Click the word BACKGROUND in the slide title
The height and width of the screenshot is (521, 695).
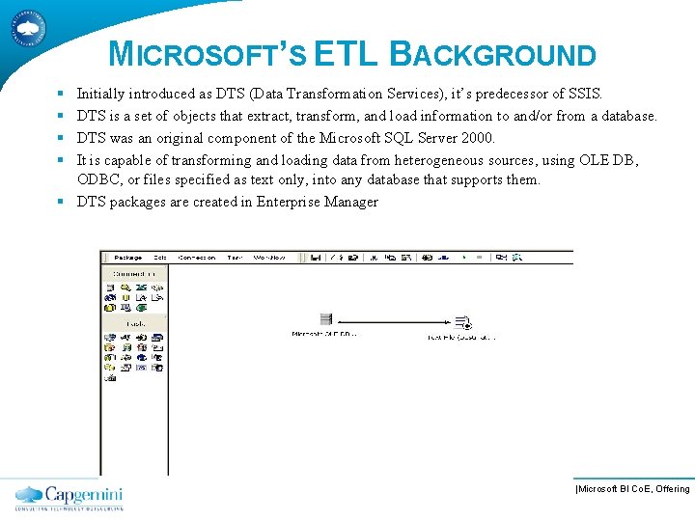(x=492, y=56)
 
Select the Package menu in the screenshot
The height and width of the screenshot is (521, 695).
(x=127, y=258)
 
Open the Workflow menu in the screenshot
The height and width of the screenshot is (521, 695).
(x=269, y=258)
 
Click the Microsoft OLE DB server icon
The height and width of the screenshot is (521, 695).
(x=325, y=319)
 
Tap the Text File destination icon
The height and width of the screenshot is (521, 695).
(x=462, y=322)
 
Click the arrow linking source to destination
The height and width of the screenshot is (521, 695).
(x=394, y=321)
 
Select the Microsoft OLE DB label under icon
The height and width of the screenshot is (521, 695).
(x=324, y=335)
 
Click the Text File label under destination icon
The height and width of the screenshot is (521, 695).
(x=462, y=338)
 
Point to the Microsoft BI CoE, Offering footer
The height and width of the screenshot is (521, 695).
(x=632, y=489)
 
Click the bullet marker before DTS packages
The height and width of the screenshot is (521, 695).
(x=60, y=202)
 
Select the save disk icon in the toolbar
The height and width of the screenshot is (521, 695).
(x=316, y=258)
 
